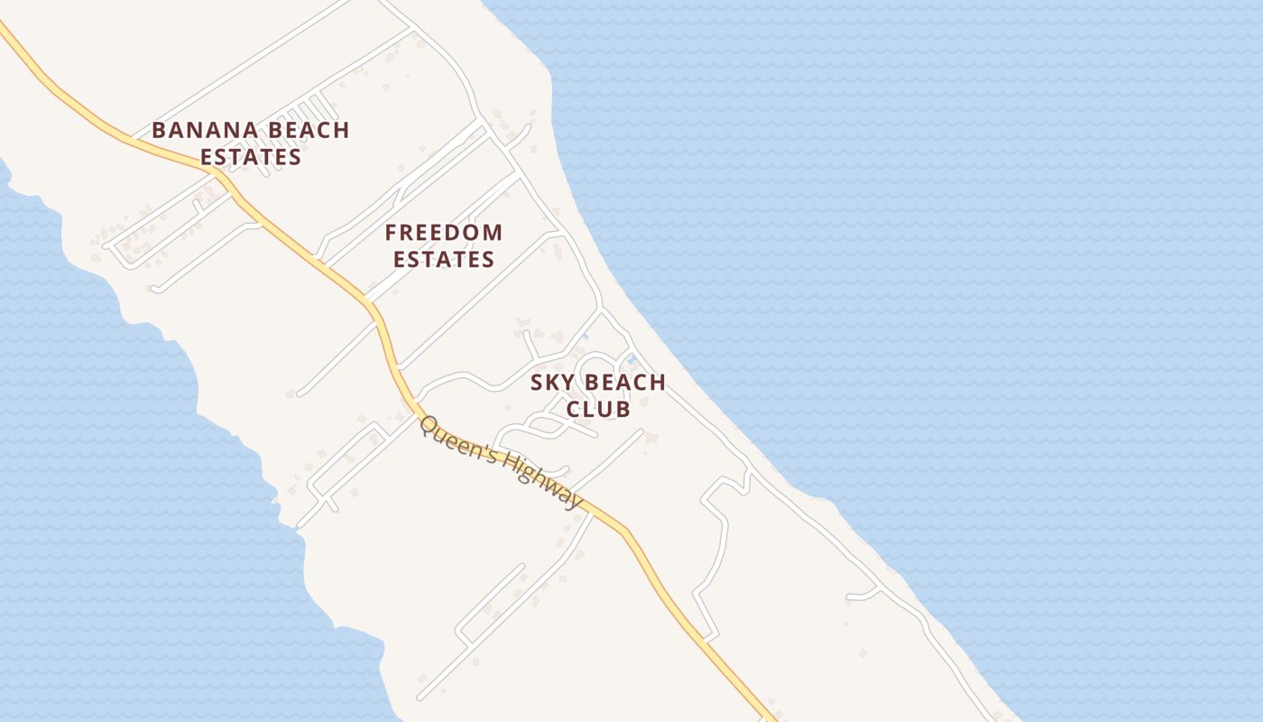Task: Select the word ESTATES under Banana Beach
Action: point(251,157)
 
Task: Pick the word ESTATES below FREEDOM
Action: point(444,260)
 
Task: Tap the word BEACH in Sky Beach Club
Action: point(622,383)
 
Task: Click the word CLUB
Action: point(597,409)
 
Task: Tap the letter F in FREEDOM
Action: point(392,233)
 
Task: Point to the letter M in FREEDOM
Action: point(492,233)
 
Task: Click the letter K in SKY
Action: point(552,383)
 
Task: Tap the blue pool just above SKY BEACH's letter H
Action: point(631,360)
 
